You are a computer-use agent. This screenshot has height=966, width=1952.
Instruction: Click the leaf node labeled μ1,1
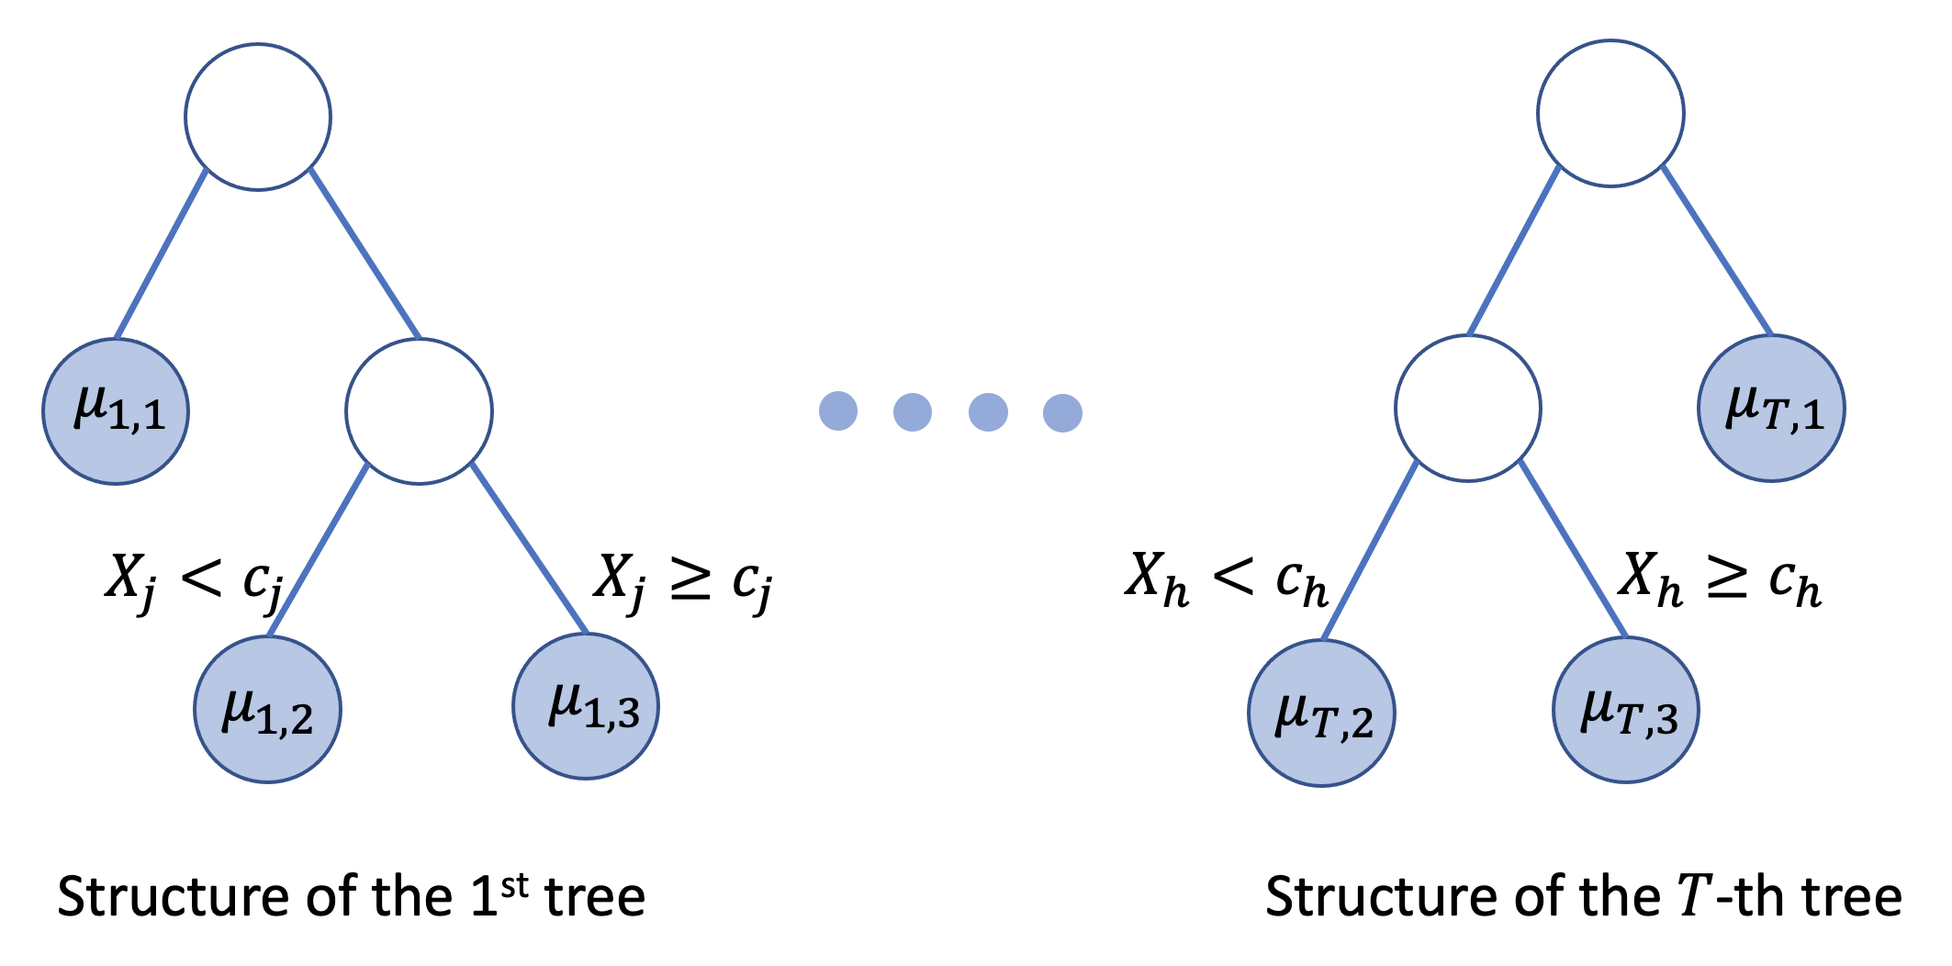pyautogui.click(x=116, y=411)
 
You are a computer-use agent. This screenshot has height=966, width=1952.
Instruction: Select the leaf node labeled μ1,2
pyautogui.click(x=267, y=710)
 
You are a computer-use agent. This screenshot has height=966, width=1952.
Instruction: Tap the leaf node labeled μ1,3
pyautogui.click(x=586, y=706)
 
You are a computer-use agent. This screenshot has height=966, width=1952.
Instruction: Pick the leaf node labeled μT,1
pyautogui.click(x=1771, y=409)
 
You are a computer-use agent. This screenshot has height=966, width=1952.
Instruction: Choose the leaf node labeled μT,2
pyautogui.click(x=1321, y=713)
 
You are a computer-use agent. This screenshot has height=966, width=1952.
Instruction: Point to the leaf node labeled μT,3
pyautogui.click(x=1625, y=710)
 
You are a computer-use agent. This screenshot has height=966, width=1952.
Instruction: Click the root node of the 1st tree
pyautogui.click(x=258, y=117)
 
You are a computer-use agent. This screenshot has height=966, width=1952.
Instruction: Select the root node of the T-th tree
pyautogui.click(x=1610, y=114)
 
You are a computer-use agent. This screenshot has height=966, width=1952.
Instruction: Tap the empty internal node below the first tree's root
pyautogui.click(x=419, y=411)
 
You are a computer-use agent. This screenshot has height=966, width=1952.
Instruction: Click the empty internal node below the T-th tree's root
pyautogui.click(x=1467, y=408)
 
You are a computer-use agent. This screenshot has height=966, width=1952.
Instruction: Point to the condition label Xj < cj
pyautogui.click(x=193, y=580)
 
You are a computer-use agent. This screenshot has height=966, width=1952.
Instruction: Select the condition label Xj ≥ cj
pyautogui.click(x=683, y=580)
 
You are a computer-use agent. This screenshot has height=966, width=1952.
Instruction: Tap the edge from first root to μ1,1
pyautogui.click(x=162, y=254)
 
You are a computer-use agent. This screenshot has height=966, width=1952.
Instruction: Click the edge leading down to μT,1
pyautogui.click(x=1717, y=251)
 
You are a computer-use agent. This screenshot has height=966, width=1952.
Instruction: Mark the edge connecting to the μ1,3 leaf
pyautogui.click(x=529, y=548)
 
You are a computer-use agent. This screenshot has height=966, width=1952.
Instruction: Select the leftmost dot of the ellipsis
pyautogui.click(x=838, y=411)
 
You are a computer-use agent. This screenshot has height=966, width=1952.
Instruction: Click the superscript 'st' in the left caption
pyautogui.click(x=515, y=885)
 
